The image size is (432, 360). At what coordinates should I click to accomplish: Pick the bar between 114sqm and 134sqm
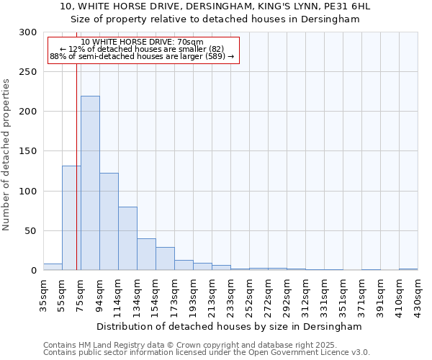click(127, 238)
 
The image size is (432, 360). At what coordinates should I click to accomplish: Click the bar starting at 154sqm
click(165, 258)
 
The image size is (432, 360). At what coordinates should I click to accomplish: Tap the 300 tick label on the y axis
click(28, 32)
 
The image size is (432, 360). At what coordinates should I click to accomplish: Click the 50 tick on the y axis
click(31, 231)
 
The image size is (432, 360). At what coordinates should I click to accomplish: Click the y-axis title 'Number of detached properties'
click(6, 155)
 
